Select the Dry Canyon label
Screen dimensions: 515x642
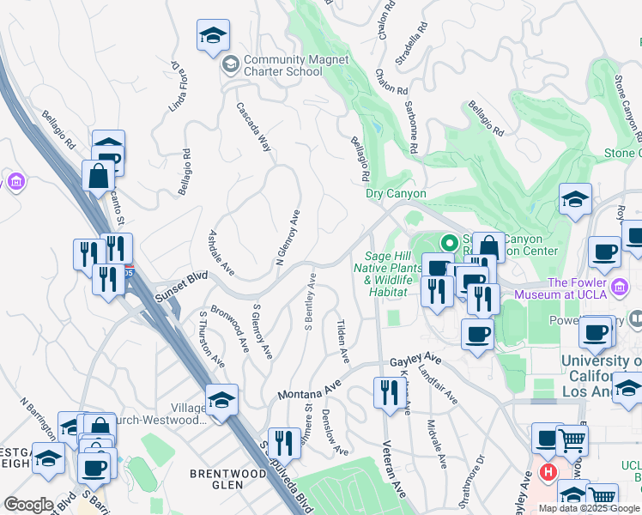[x=396, y=193]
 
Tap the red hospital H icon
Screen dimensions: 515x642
[x=548, y=470]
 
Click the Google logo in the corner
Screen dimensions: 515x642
[x=28, y=505]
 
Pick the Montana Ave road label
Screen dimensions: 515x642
[x=309, y=391]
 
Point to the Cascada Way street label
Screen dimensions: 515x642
[x=254, y=128]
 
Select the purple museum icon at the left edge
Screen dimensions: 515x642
[x=15, y=182]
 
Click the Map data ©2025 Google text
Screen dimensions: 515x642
[x=589, y=508]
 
